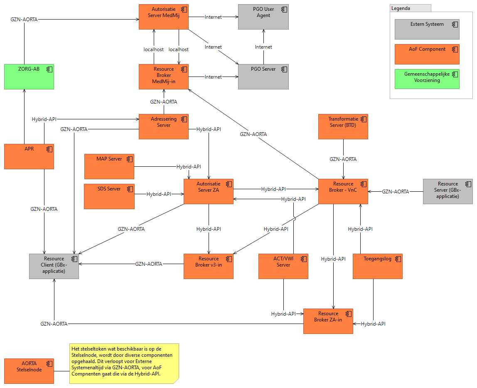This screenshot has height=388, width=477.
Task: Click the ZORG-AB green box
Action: click(29, 77)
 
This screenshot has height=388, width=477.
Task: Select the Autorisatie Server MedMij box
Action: click(164, 17)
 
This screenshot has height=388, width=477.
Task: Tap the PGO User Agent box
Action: click(263, 17)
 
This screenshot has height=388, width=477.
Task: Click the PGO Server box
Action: click(263, 77)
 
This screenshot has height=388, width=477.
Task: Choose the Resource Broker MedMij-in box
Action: click(164, 77)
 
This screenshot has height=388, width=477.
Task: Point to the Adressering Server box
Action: click(164, 126)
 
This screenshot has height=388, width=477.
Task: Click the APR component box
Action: click(29, 156)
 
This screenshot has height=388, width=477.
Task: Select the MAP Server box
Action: click(109, 166)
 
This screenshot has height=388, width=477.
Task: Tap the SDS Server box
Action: click(109, 196)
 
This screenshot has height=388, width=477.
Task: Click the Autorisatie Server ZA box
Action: click(209, 191)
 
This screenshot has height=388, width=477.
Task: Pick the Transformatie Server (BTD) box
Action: click(343, 126)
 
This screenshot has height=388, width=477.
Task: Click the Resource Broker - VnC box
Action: click(343, 191)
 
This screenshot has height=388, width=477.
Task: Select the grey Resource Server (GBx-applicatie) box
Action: click(447, 191)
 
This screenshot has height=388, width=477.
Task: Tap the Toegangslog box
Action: click(377, 266)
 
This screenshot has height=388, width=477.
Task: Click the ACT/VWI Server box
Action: click(283, 266)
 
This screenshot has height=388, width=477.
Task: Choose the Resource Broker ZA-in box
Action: click(328, 321)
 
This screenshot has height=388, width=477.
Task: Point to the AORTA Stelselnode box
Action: click(29, 371)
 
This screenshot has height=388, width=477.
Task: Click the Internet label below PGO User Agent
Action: click(263, 47)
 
